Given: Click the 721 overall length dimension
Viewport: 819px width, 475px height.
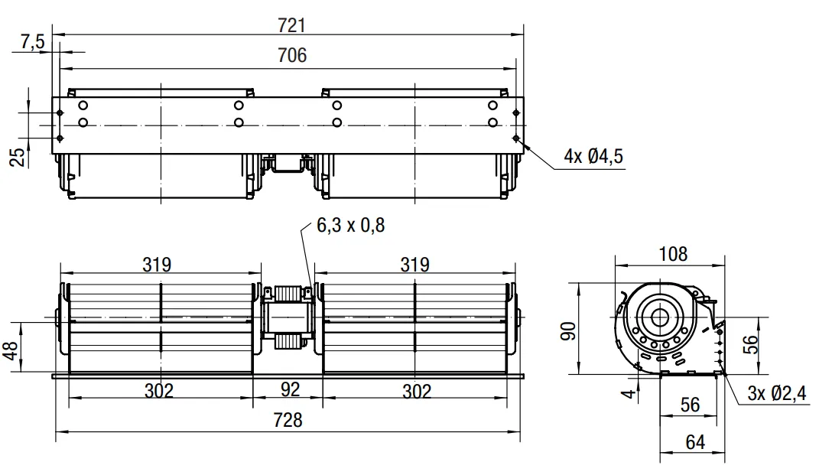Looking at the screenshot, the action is (291, 25).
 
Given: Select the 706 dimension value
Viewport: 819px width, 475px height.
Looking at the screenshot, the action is (292, 55).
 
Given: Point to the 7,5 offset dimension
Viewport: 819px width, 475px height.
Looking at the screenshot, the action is (33, 42).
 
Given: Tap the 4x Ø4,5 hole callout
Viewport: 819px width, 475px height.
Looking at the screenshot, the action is (593, 156).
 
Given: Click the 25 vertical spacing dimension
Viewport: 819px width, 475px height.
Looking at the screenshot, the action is (18, 157).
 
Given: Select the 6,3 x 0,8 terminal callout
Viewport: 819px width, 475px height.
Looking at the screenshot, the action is (350, 225).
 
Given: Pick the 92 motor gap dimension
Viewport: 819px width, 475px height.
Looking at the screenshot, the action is (291, 389).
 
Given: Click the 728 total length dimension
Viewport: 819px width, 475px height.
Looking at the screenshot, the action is (288, 420).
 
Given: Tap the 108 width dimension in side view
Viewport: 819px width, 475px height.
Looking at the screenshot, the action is (673, 254).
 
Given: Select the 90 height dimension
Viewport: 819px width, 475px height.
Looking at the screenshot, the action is (569, 331).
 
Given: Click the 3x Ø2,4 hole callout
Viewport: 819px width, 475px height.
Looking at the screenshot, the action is (777, 393).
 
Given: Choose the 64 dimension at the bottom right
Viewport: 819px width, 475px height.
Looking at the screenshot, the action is (695, 443).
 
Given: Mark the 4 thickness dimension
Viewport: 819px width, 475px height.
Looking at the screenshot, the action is (630, 393).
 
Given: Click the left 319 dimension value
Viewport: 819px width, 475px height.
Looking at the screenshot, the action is (157, 265).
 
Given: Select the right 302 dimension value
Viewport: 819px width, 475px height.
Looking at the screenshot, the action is (416, 391).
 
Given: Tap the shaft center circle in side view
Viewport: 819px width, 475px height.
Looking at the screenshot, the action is (660, 317).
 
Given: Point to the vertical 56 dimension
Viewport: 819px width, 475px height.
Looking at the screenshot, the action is (750, 344).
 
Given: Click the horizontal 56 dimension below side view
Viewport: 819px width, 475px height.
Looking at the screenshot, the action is (690, 405).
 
